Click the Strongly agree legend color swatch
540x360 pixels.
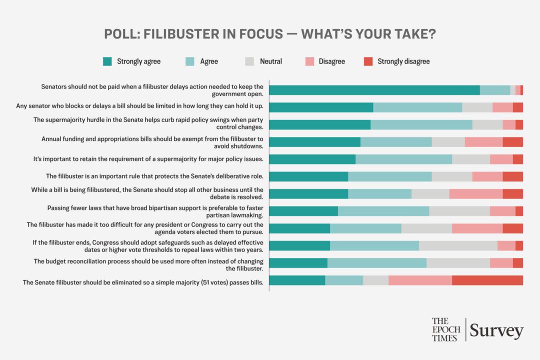pyautogui.click(x=107, y=61)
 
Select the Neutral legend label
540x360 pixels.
pyautogui.click(x=270, y=61)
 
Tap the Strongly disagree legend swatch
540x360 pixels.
pyautogui.click(x=368, y=61)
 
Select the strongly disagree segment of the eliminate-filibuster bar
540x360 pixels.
pyautogui.click(x=487, y=280)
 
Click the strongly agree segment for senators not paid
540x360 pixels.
pyautogui.click(x=374, y=90)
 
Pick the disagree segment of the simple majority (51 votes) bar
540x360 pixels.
pyautogui.click(x=420, y=280)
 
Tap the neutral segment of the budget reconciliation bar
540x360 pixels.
pyautogui.click(x=458, y=263)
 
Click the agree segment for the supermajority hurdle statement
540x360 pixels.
pyautogui.click(x=421, y=124)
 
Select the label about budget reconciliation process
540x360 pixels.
pyautogui.click(x=148, y=265)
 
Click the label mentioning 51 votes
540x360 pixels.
pyautogui.click(x=143, y=282)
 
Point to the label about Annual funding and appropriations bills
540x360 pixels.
pyautogui.click(x=152, y=142)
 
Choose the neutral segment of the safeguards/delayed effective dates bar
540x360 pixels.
pyautogui.click(x=458, y=245)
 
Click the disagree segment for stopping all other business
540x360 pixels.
pyautogui.click(x=475, y=194)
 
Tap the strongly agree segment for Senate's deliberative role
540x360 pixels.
pyautogui.click(x=308, y=176)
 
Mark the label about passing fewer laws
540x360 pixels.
pyautogui.click(x=155, y=211)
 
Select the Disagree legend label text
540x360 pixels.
pyautogui.click(x=331, y=61)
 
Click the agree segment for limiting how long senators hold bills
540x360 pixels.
pyautogui.click(x=417, y=107)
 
